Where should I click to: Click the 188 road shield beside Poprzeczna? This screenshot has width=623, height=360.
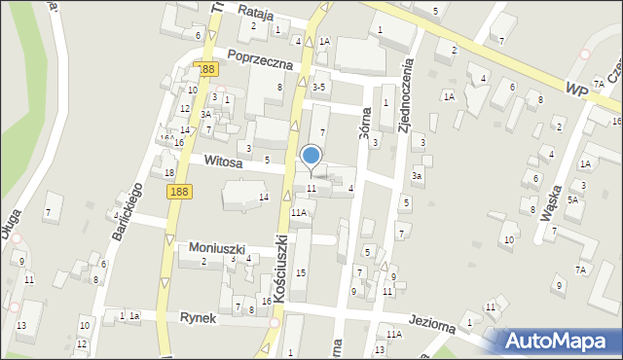click(204, 70)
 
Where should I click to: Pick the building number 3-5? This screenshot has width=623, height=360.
click(318, 88)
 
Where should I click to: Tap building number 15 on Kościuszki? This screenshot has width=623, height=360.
click(300, 272)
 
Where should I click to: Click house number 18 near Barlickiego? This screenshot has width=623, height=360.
click(168, 173)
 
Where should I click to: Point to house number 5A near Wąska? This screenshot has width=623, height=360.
click(573, 199)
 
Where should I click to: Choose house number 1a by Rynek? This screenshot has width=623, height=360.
click(135, 316)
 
